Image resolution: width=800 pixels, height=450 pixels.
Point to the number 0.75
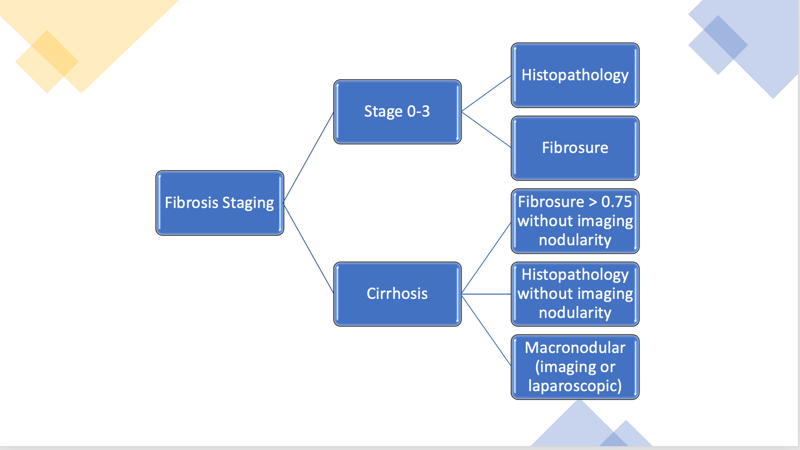coord(616,202)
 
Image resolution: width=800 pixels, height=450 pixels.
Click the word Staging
coord(248,203)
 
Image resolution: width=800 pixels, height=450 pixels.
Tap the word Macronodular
coord(575,348)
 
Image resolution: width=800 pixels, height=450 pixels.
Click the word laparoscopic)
coord(575,386)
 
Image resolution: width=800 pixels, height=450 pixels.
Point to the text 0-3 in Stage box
coord(418,111)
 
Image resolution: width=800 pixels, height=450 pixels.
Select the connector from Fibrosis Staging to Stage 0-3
coord(308,157)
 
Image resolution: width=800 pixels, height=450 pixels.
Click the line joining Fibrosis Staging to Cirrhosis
coord(308,248)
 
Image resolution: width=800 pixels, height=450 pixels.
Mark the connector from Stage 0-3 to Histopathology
coord(486,93)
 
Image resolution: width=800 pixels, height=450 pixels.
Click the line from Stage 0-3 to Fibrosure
coord(486,129)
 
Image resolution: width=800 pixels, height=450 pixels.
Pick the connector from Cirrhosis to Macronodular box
coord(486,330)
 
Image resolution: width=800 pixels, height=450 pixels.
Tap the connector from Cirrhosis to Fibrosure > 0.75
coord(486,258)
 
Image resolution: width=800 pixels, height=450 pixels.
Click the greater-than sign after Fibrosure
coord(592,202)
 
